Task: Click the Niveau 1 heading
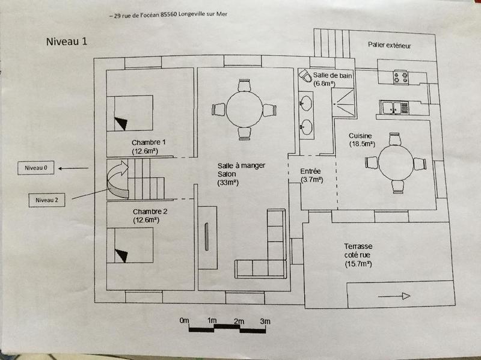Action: point(67,41)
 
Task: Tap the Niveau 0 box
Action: point(36,168)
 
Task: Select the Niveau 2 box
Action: point(47,200)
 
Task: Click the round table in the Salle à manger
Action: point(244,109)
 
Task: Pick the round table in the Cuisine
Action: point(396,162)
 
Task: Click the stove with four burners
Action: point(401,77)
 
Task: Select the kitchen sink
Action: point(394,108)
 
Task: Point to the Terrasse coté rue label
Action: point(358,255)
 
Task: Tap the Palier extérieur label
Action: point(389,46)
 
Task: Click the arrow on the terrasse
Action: point(394,296)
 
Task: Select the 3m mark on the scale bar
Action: point(265,322)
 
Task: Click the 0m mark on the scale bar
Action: point(184,320)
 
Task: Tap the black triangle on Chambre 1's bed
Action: point(121,123)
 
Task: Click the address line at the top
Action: point(168,14)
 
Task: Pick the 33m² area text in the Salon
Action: point(228,183)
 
